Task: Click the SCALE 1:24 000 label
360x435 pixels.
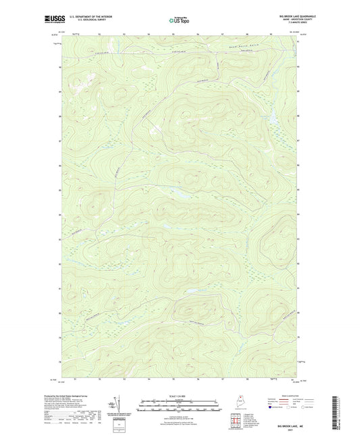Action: [180, 395]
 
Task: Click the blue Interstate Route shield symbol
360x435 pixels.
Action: [272, 407]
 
